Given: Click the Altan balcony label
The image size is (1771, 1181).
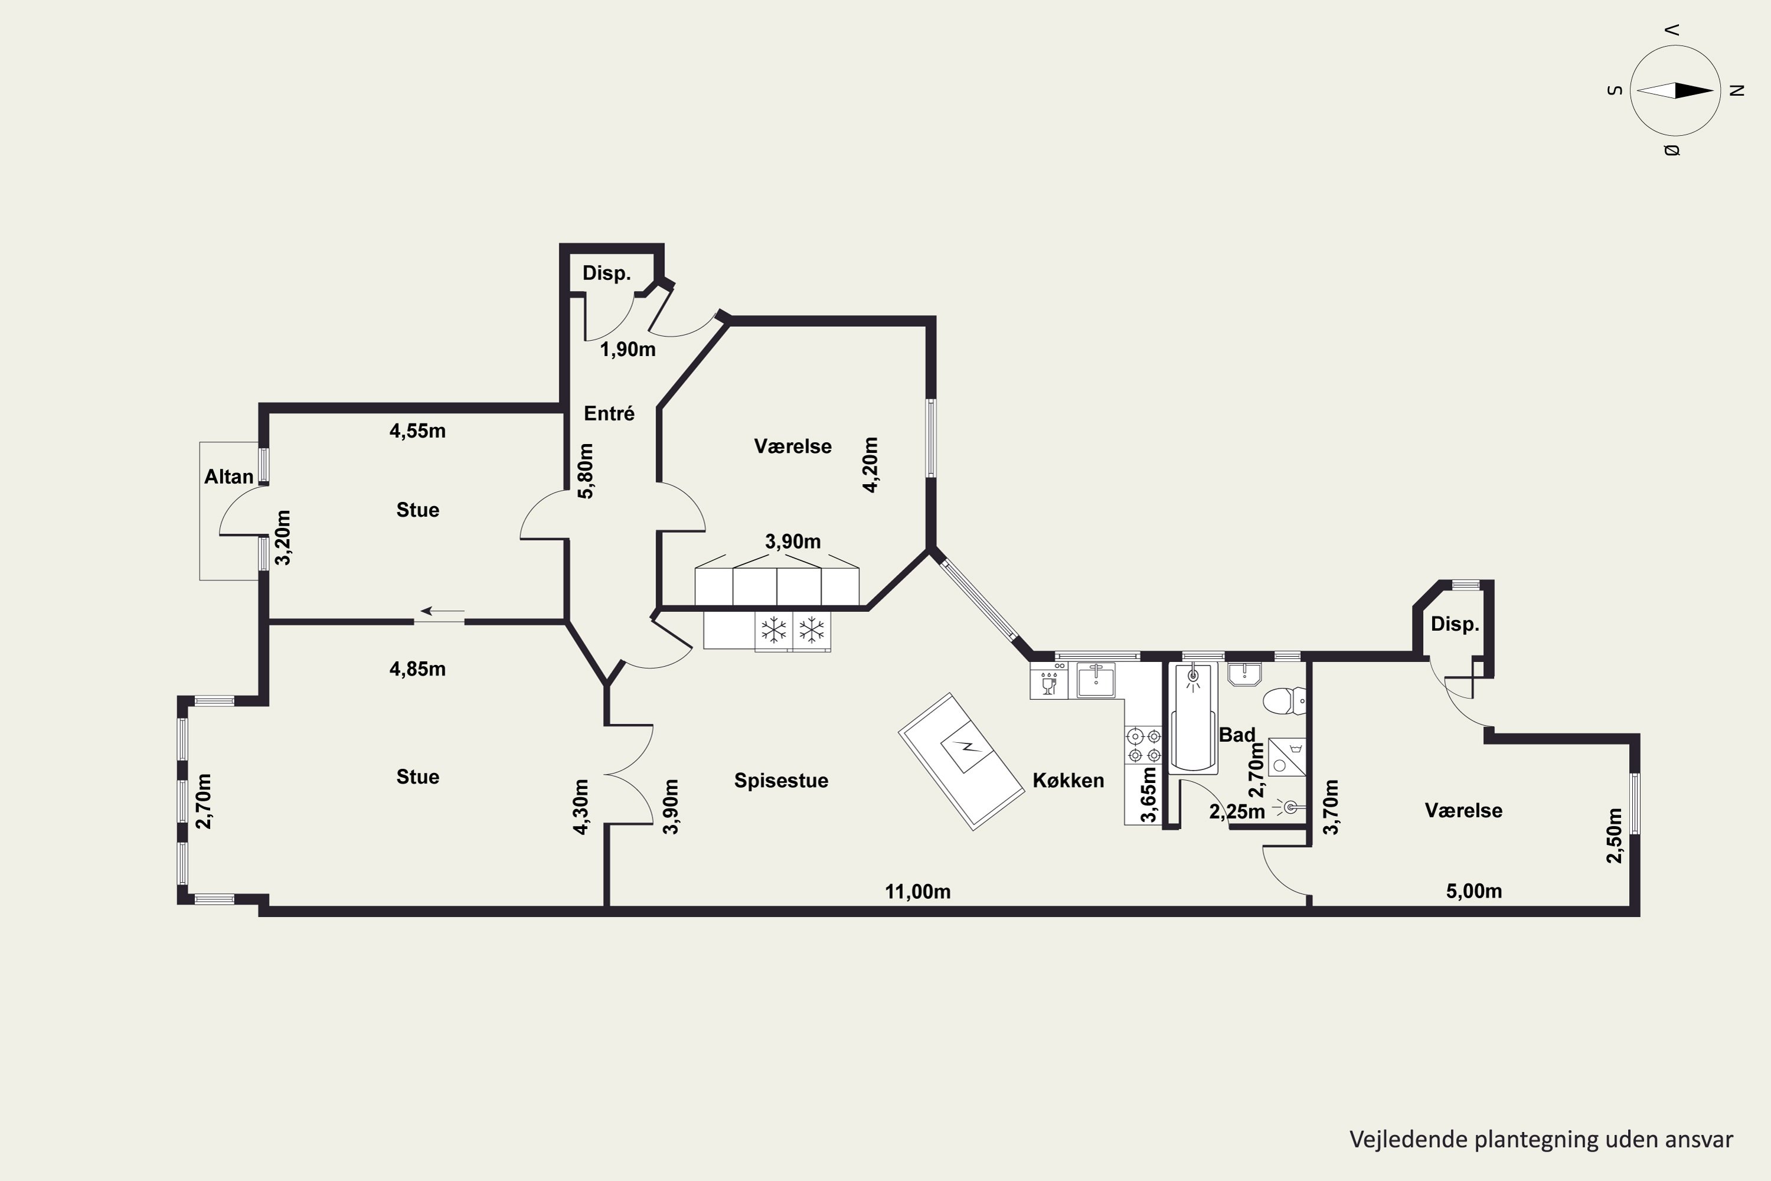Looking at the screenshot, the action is point(229,477).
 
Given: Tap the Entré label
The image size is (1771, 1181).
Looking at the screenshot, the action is point(609,413).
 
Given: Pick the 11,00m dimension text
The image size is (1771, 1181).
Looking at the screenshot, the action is point(917,892).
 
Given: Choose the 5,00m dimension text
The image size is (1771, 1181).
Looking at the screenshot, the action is point(1473,892).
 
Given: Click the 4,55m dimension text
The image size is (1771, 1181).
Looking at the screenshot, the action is point(417,431).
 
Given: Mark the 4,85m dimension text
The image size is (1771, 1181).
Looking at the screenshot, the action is point(417,669).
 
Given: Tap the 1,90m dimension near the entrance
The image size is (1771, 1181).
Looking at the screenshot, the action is point(627,350).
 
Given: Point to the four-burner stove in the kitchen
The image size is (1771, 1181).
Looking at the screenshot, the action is point(1143,745).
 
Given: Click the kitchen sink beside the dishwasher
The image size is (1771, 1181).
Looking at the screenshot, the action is point(1096,680).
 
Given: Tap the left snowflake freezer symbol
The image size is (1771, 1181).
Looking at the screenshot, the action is point(773,629).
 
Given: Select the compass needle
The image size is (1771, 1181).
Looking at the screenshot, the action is point(1675,90).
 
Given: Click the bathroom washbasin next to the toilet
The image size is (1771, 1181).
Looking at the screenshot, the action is point(1244,674).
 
